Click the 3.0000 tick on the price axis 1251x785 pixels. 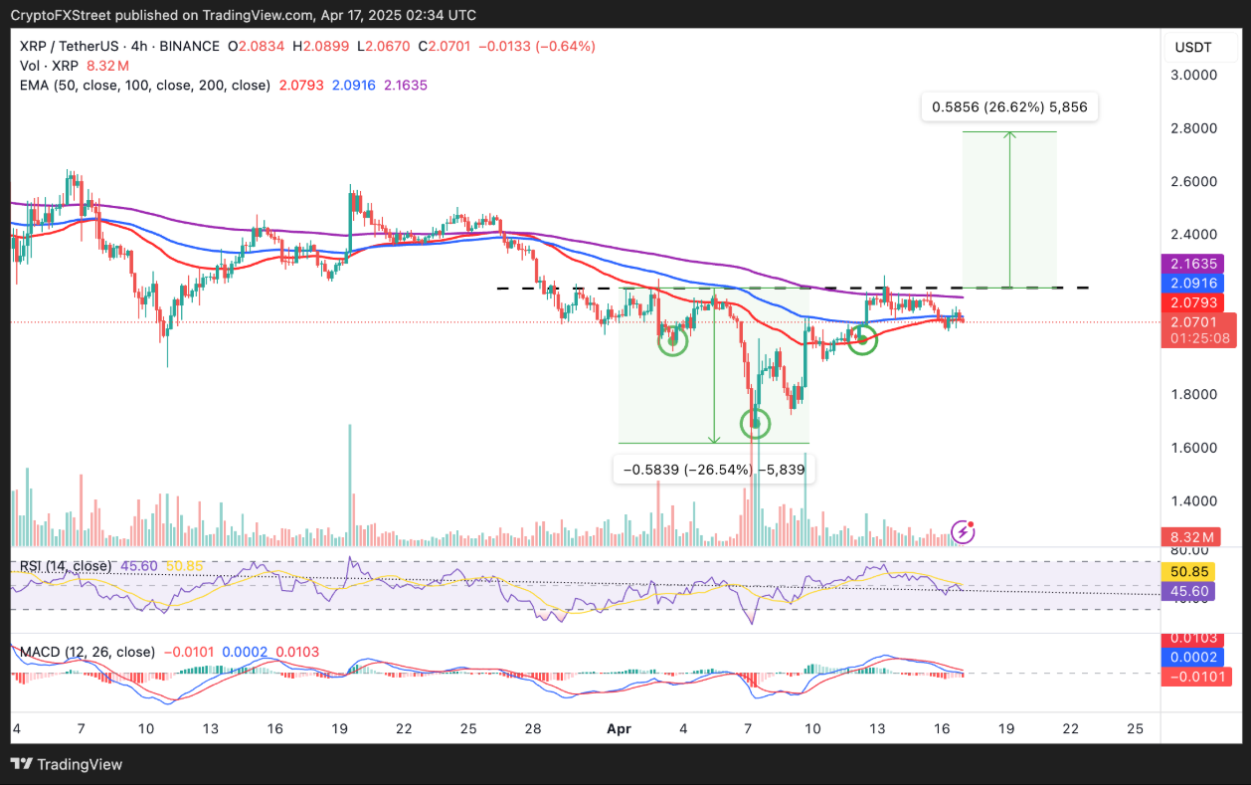(1194, 75)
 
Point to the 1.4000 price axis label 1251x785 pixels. (1194, 500)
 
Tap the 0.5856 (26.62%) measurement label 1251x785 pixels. (1009, 107)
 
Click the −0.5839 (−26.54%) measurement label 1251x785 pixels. (713, 470)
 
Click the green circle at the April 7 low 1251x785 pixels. (757, 424)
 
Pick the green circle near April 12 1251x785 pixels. (862, 340)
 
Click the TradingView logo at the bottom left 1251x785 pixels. (67, 764)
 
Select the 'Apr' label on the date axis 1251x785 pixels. (619, 728)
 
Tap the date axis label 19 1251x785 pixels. (1005, 728)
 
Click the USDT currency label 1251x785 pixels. (1194, 47)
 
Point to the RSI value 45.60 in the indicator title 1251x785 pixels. (139, 566)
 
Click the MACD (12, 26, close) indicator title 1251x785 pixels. (88, 652)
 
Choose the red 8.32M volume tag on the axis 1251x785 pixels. (1193, 537)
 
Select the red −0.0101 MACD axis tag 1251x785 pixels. (1199, 677)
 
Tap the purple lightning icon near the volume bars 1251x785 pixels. (963, 531)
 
